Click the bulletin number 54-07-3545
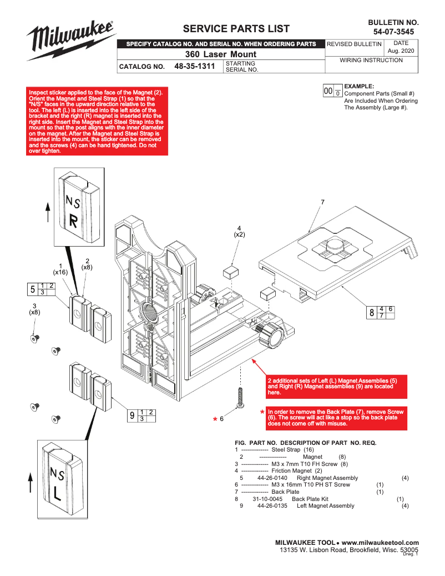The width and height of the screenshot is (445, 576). click(393, 32)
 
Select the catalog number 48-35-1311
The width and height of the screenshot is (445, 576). click(194, 66)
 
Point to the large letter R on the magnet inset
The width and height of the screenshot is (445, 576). click(73, 221)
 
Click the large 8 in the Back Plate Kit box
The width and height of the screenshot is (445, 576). click(372, 313)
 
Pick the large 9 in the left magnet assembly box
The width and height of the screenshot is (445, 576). click(132, 415)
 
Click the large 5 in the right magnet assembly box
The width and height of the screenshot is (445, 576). click(33, 289)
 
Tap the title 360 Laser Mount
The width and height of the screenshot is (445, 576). click(221, 54)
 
